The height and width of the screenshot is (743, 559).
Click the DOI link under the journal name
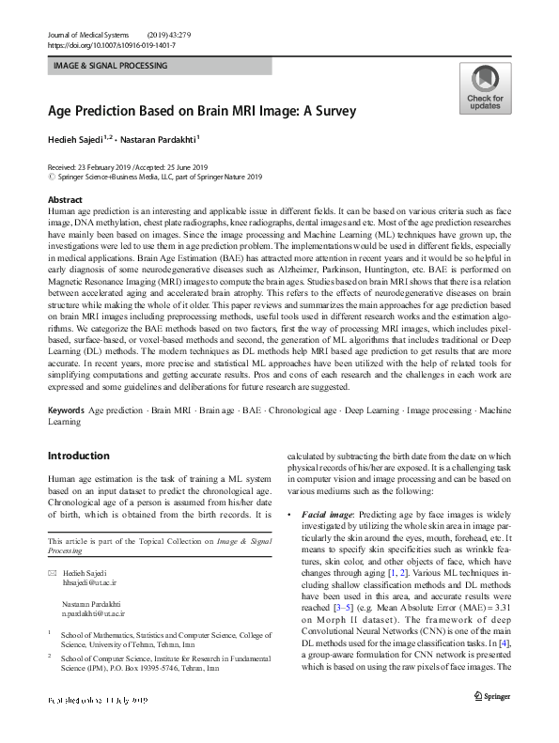tap(111, 45)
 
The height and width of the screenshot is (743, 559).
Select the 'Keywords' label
tap(65, 411)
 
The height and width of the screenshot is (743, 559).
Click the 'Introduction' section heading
tap(78, 456)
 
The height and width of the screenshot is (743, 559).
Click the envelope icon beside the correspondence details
tap(51, 572)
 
